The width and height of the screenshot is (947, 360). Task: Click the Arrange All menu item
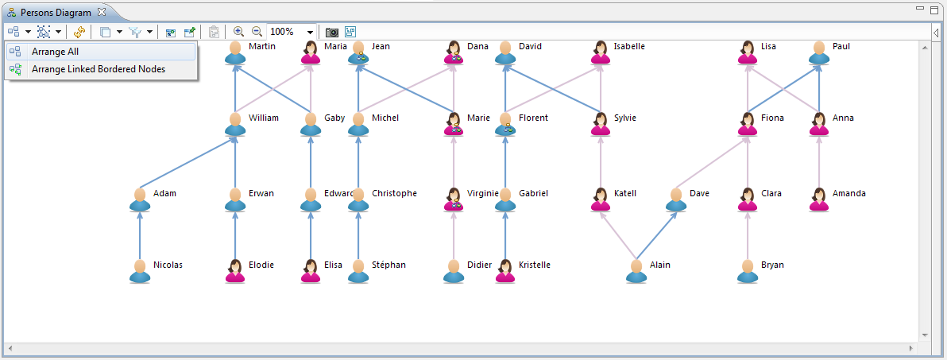55,52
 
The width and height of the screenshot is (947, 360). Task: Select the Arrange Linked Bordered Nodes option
98,69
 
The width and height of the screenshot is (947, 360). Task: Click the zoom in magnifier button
238,32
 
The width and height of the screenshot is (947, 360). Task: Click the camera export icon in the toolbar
332,32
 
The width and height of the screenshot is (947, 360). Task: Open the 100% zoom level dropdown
310,33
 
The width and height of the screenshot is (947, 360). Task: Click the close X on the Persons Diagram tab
102,13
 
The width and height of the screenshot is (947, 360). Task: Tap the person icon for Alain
636,271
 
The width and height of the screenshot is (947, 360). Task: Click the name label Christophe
394,193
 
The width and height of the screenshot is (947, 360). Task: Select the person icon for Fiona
747,124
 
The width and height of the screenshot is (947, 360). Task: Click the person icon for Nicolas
140,271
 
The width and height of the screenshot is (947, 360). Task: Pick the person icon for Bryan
747,271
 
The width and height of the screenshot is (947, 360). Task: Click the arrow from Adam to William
187,163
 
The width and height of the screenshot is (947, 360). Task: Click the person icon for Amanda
818,199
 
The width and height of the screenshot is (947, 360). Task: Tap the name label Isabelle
629,46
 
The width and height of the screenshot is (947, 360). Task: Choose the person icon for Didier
453,271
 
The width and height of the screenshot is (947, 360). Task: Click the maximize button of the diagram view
935,9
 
